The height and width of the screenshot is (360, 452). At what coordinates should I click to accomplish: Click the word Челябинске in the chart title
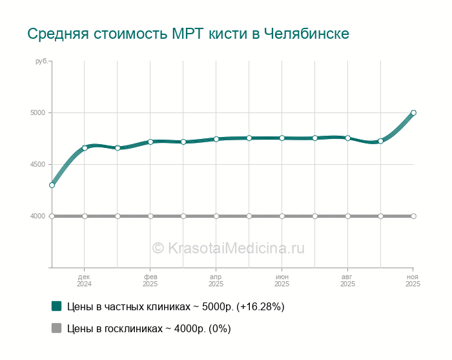pyautogui.click(x=307, y=34)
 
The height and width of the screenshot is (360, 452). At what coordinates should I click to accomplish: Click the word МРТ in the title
pyautogui.click(x=185, y=34)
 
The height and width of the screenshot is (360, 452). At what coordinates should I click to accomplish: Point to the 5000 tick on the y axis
pyautogui.click(x=37, y=113)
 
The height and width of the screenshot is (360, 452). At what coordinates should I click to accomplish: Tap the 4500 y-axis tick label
pyautogui.click(x=37, y=165)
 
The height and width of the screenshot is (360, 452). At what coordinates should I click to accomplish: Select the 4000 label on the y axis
pyautogui.click(x=37, y=216)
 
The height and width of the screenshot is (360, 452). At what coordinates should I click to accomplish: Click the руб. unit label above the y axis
pyautogui.click(x=41, y=61)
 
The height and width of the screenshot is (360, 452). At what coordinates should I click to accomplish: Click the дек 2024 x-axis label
pyautogui.click(x=84, y=280)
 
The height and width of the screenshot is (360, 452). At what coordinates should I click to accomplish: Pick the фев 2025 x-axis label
pyautogui.click(x=150, y=280)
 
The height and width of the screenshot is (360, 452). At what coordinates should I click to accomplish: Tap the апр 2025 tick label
pyautogui.click(x=216, y=280)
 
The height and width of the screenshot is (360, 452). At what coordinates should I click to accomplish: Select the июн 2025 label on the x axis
pyautogui.click(x=282, y=280)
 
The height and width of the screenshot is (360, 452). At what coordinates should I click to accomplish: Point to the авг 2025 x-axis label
pyautogui.click(x=347, y=280)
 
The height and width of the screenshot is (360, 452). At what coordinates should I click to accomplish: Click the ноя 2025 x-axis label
pyautogui.click(x=413, y=280)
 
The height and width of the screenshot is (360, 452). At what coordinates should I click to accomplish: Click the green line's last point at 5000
pyautogui.click(x=413, y=112)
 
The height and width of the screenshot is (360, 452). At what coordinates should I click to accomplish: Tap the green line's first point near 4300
pyautogui.click(x=52, y=185)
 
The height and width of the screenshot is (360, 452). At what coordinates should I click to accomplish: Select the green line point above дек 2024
pyautogui.click(x=85, y=148)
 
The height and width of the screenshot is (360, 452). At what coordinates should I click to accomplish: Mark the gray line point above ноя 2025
pyautogui.click(x=413, y=216)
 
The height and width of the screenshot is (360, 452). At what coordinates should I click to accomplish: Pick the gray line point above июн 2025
pyautogui.click(x=282, y=216)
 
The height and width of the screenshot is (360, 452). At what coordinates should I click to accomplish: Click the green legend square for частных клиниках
pyautogui.click(x=56, y=306)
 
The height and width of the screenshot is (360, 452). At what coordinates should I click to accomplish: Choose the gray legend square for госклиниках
pyautogui.click(x=56, y=328)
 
